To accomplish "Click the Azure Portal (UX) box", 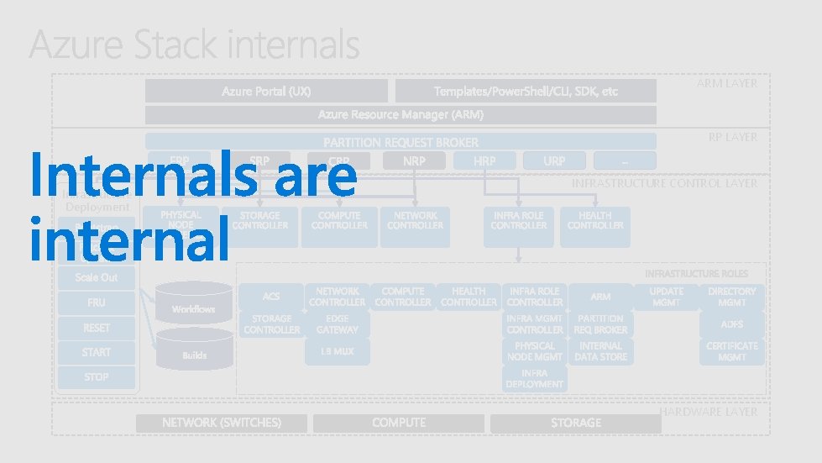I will tap(266, 91).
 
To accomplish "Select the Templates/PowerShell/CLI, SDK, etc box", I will tap(526, 91).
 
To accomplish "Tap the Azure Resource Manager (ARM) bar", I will tap(401, 114).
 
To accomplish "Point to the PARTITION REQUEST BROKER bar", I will tap(401, 142).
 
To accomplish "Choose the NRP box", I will tap(414, 160).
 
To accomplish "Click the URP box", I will tap(554, 160).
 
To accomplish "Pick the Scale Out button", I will tap(97, 277).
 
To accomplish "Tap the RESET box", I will tap(97, 328).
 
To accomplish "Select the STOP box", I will tap(97, 377).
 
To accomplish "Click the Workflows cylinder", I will tap(194, 308).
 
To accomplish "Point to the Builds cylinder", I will tap(194, 354).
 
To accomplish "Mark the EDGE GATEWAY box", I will tap(337, 324).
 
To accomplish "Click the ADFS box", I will tap(731, 324).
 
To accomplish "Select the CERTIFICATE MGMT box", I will tap(731, 351).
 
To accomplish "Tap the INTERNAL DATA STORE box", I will tap(600, 351).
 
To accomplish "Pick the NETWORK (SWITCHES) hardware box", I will tap(222, 423).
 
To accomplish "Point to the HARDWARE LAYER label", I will tap(709, 412).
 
